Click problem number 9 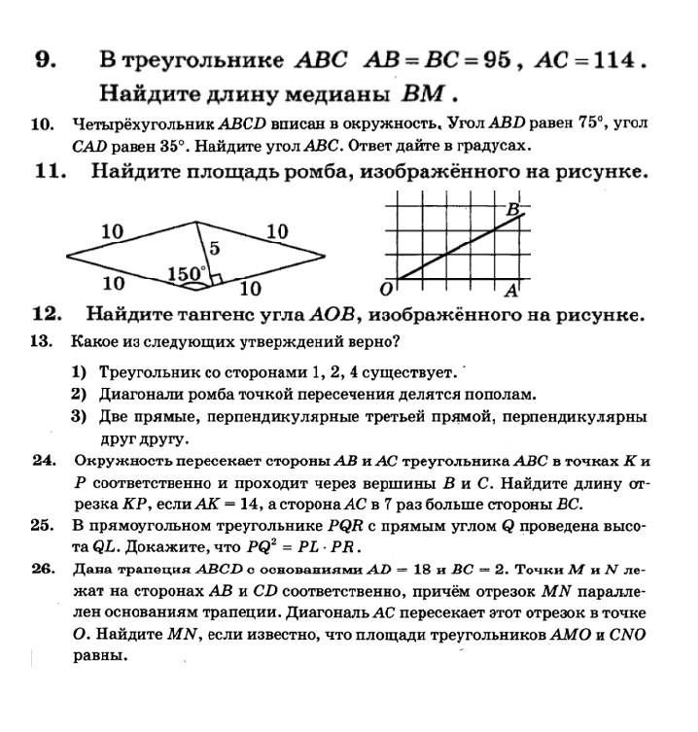click(x=44, y=61)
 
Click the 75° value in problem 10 click(x=611, y=124)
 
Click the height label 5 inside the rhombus click(x=215, y=247)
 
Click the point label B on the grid click(x=512, y=208)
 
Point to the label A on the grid click(x=511, y=290)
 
